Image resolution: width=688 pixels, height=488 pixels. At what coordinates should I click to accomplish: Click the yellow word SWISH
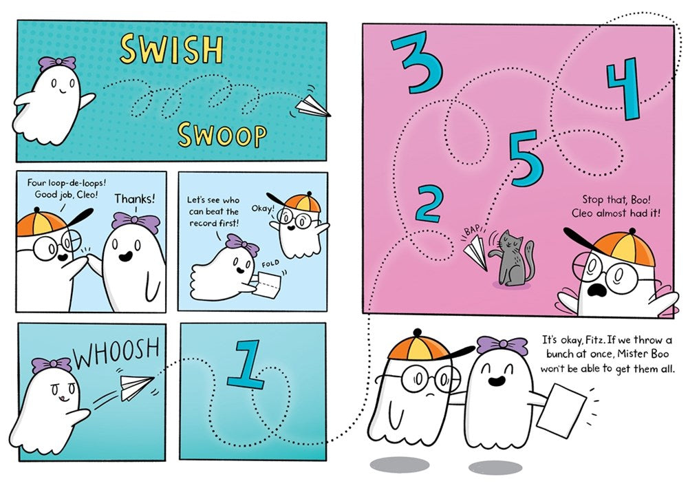click(171, 50)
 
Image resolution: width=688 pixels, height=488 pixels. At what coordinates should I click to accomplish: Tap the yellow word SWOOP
click(222, 135)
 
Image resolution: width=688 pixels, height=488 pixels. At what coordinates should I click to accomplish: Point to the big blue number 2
click(428, 203)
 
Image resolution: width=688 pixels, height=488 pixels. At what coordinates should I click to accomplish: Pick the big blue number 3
click(417, 63)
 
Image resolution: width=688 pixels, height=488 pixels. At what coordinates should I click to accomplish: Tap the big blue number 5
click(526, 158)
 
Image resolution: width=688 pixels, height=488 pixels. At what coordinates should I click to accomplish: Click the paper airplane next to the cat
click(476, 253)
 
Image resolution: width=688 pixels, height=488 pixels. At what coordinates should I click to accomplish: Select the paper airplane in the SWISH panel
click(312, 107)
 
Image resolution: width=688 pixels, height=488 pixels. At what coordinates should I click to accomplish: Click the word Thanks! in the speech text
click(135, 199)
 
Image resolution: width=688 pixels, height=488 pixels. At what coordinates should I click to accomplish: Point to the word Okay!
click(263, 208)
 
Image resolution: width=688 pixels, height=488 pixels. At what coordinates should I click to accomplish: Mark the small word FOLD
click(270, 264)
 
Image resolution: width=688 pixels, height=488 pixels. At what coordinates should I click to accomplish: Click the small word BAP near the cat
click(473, 231)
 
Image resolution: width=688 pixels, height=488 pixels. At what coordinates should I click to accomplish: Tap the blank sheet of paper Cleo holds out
click(561, 410)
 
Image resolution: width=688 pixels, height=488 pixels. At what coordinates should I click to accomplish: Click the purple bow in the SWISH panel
click(57, 63)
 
